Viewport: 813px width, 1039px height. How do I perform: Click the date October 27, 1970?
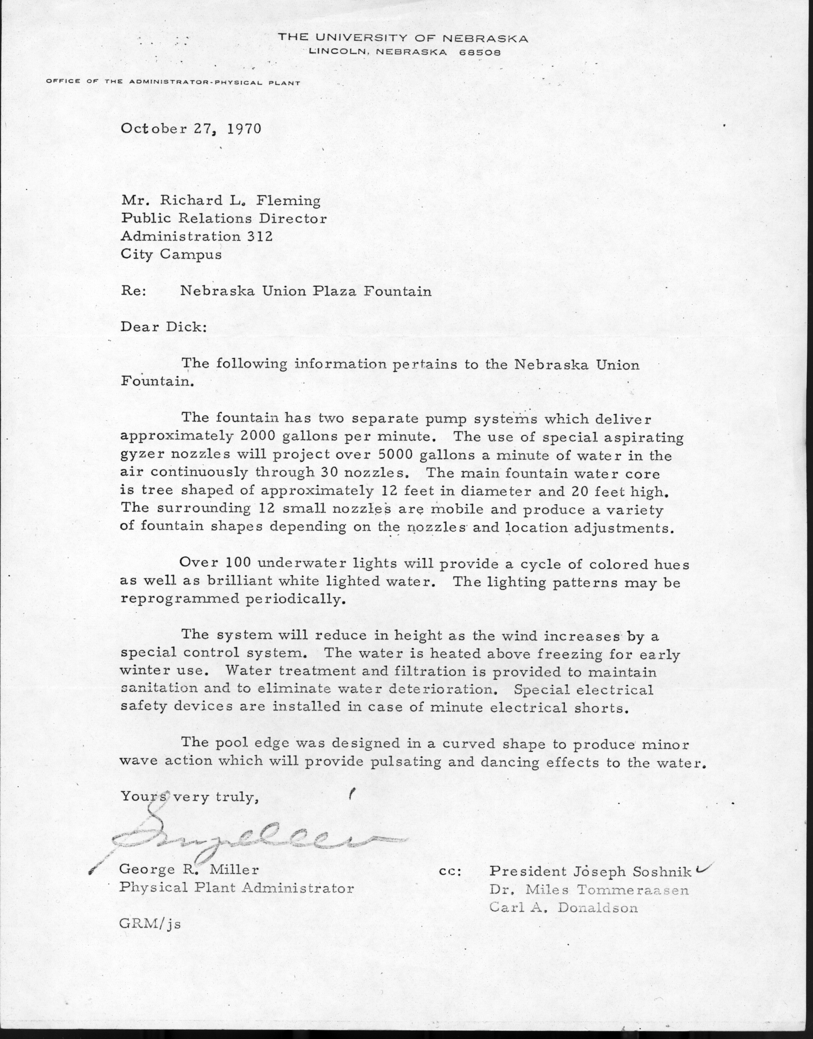click(x=191, y=129)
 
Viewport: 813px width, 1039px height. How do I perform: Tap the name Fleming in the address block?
click(x=288, y=201)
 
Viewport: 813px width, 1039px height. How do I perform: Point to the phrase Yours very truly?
click(x=189, y=797)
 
